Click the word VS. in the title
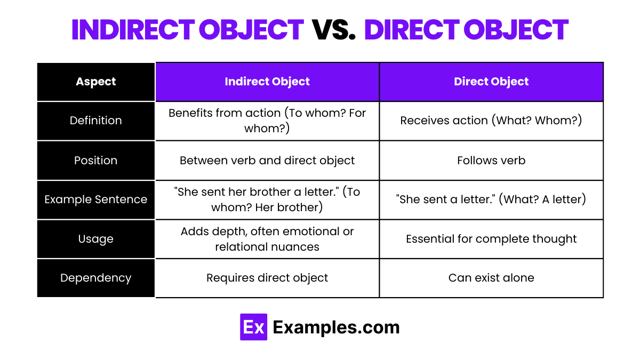333,30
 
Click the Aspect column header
96,82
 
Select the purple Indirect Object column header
267,82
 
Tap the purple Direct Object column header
491,82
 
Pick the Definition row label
96,121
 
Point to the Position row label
96,161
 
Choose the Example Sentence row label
96,199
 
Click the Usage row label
96,239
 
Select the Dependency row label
96,278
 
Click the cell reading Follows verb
491,161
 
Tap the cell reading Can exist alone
491,278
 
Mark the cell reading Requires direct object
267,278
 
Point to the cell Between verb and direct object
267,161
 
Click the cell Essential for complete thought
491,239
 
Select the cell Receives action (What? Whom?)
491,121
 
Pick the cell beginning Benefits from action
267,121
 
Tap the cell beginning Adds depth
267,239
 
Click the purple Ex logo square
253,327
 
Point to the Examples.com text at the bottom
336,327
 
